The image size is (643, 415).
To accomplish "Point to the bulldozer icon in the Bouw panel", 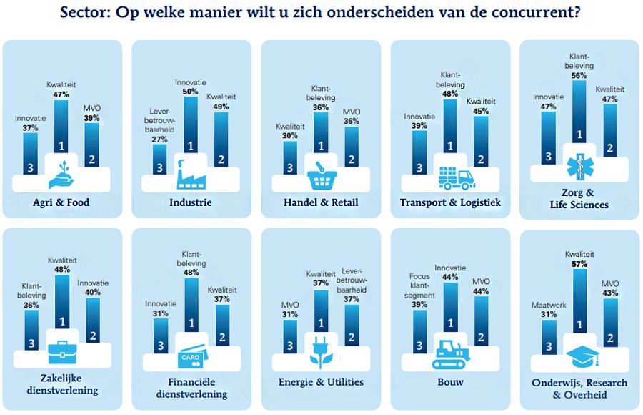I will (x=450, y=353).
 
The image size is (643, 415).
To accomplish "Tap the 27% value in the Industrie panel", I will (x=159, y=140).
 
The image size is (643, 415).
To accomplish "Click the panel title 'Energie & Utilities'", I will (x=321, y=382).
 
